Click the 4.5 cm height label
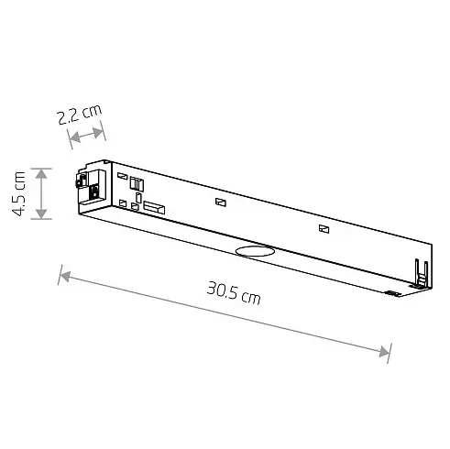[x=17, y=193]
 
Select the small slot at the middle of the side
[x=219, y=202]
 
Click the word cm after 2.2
[x=92, y=112]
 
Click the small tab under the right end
[x=392, y=293]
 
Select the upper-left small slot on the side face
[x=121, y=176]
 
